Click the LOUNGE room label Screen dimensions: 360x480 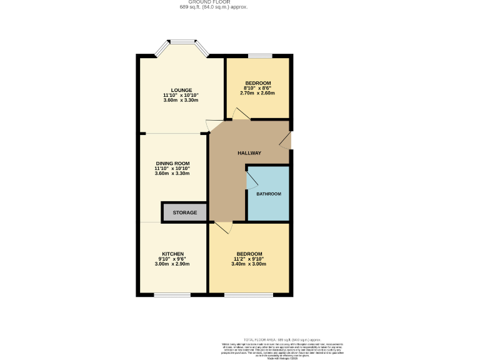[182, 90]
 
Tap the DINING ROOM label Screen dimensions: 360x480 [172, 164]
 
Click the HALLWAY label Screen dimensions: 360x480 [249, 153]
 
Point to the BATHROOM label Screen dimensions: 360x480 [268, 194]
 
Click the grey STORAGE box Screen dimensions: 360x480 [184, 212]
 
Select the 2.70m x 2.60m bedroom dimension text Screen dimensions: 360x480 [257, 93]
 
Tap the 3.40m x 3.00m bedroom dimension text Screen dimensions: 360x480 [249, 264]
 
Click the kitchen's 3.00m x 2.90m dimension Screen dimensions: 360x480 [172, 264]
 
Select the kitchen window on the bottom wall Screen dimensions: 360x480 [172, 294]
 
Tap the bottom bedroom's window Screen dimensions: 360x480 [249, 294]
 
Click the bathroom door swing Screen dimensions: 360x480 [252, 181]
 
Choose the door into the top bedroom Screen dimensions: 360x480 [241, 114]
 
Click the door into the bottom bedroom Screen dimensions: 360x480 [224, 227]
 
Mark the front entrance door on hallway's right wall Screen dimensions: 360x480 [286, 140]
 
